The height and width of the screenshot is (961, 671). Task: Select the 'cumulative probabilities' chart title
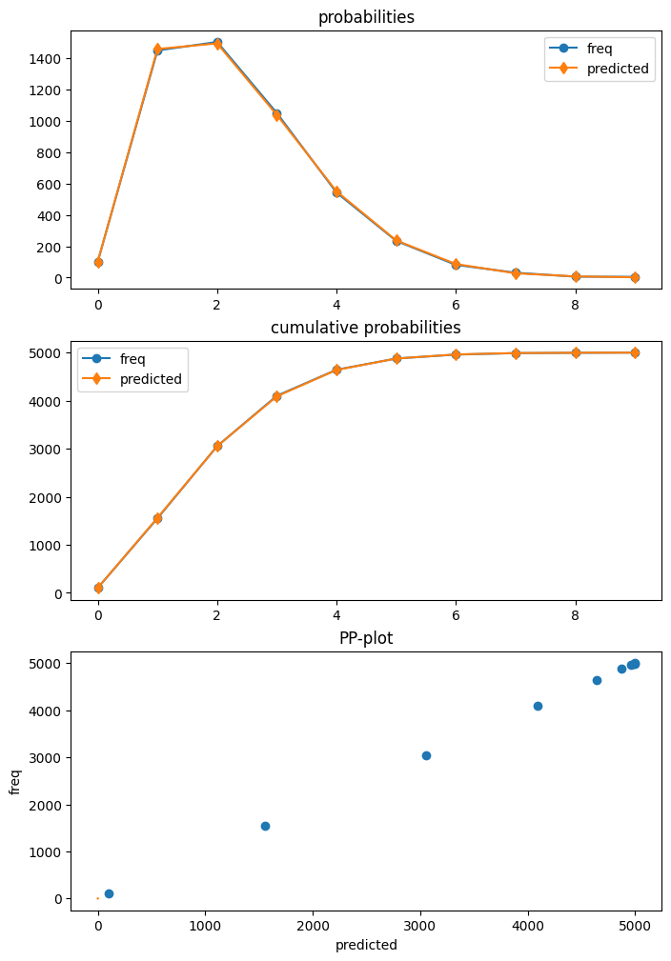pyautogui.click(x=366, y=328)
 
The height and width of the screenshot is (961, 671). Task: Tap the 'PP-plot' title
pyautogui.click(x=366, y=638)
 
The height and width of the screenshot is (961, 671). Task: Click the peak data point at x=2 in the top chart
pyautogui.click(x=217, y=43)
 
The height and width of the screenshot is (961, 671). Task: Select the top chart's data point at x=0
pyautogui.click(x=98, y=262)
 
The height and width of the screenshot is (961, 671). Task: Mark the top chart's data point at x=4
pyautogui.click(x=336, y=192)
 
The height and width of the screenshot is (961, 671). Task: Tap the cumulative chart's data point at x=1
pyautogui.click(x=157, y=518)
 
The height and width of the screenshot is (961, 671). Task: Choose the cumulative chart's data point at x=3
pyautogui.click(x=276, y=396)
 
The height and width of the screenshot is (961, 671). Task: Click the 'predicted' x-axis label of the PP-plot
pyautogui.click(x=366, y=945)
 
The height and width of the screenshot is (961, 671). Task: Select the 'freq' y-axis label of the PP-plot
pyautogui.click(x=15, y=781)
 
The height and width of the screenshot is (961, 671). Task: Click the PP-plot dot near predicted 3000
pyautogui.click(x=426, y=755)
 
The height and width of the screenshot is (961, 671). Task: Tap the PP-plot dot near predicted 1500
pyautogui.click(x=265, y=826)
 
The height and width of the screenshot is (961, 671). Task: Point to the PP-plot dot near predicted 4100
pyautogui.click(x=538, y=706)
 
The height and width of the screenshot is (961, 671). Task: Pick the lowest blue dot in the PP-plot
pyautogui.click(x=109, y=893)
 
